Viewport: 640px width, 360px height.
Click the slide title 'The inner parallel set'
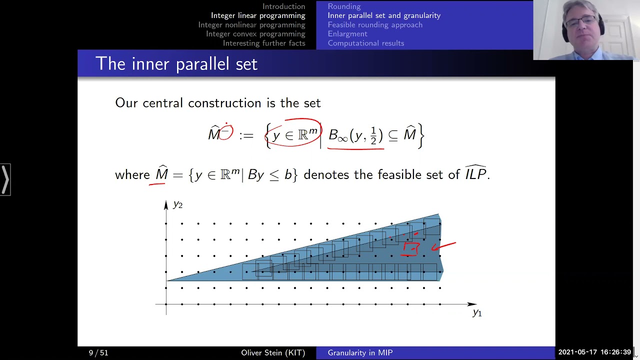coord(176,64)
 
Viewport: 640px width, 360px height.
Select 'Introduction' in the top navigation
coord(283,6)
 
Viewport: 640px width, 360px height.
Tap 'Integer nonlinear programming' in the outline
coord(251,25)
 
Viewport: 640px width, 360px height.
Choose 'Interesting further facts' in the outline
coord(263,43)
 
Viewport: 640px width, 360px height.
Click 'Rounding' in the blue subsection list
coord(344,6)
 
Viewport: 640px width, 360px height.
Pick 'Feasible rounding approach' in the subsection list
coord(374,25)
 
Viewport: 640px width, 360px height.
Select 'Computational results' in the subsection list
coord(365,43)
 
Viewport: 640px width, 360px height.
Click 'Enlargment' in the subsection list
coord(347,34)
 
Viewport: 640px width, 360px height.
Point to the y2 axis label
coord(177,204)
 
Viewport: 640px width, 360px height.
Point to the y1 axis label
coord(477,313)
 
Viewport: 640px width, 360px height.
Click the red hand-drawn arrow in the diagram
coord(443,245)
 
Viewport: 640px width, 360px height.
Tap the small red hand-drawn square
coord(411,248)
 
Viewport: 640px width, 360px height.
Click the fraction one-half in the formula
coord(373,136)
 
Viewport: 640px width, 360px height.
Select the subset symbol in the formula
coord(393,135)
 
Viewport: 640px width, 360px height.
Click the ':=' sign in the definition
coord(246,135)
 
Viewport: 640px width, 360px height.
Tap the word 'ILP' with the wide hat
coord(475,173)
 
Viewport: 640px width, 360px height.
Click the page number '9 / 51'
coord(98,353)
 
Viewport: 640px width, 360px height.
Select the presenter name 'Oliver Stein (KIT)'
coord(273,353)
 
